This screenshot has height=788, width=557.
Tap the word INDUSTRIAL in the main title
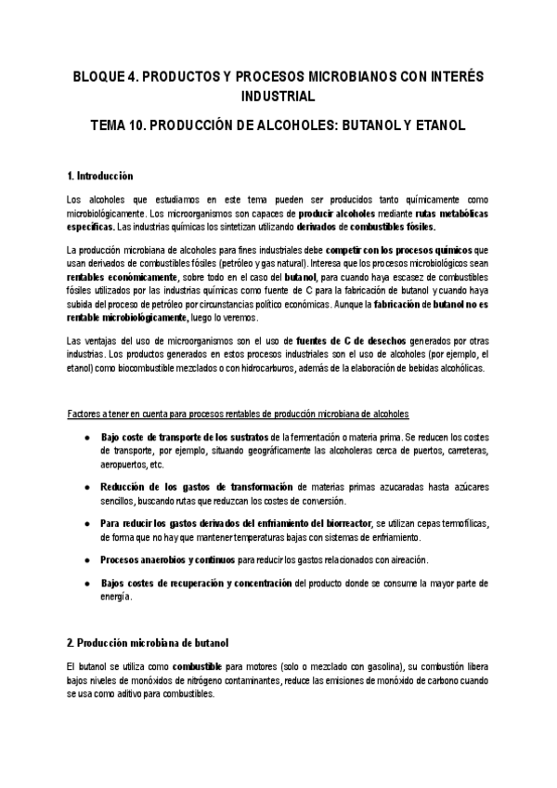[x=278, y=96]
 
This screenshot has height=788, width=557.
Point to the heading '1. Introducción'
[x=100, y=176]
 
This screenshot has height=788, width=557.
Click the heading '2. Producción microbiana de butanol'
[x=148, y=643]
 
